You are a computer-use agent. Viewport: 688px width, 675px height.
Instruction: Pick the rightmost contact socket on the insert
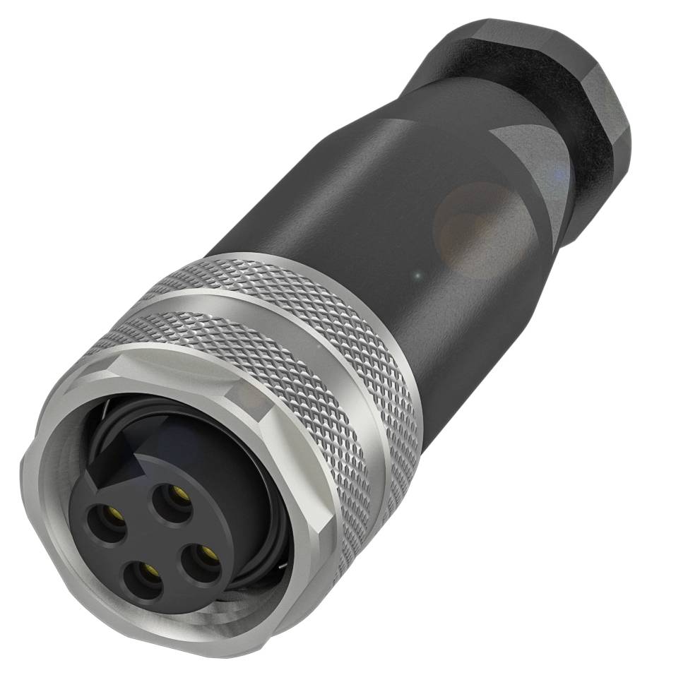pyautogui.click(x=205, y=553)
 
